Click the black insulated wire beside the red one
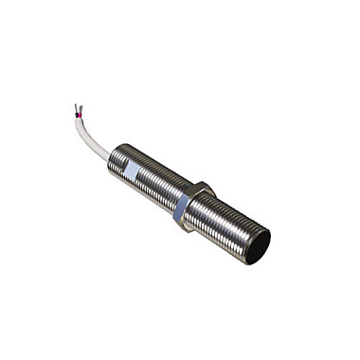(x=78, y=115)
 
